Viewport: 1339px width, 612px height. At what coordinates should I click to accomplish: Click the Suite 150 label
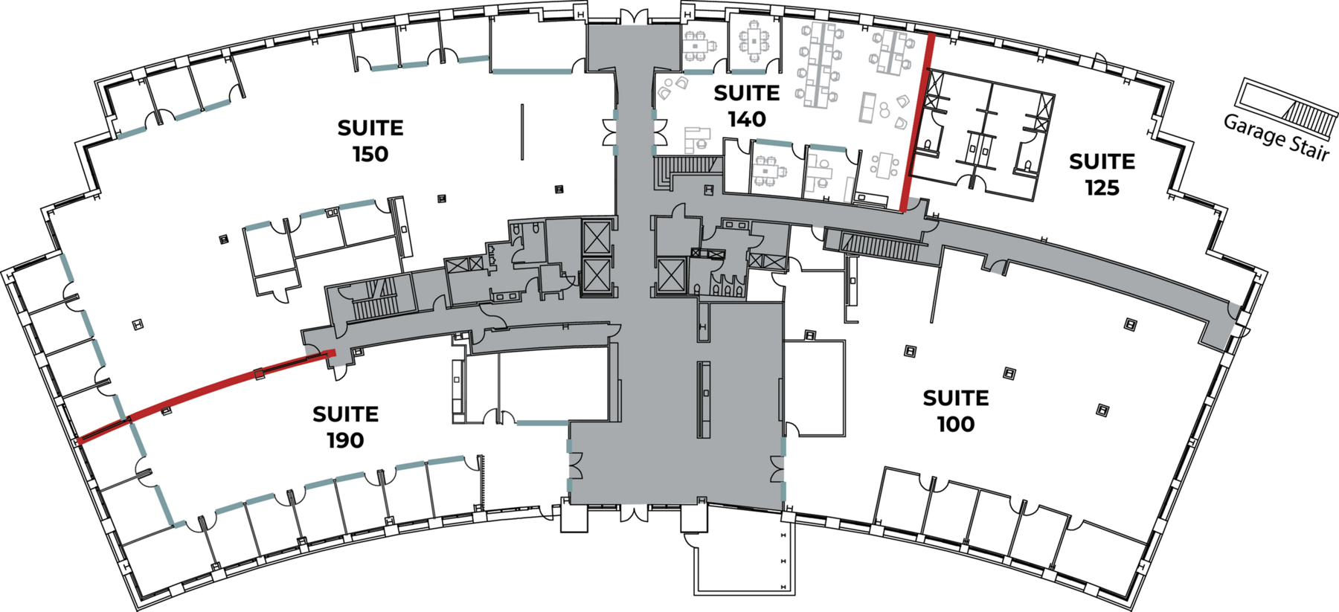tap(370, 141)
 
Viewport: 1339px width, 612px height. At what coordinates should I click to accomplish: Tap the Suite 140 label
tap(747, 106)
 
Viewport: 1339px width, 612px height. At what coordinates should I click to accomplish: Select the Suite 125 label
tap(1102, 174)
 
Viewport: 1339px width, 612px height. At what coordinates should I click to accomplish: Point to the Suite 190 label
tap(345, 427)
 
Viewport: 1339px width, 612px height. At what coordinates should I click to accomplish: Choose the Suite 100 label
tap(956, 410)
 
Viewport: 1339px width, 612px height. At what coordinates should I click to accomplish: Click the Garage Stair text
tap(1276, 137)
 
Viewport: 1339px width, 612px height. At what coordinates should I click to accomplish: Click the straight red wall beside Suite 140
tap(917, 123)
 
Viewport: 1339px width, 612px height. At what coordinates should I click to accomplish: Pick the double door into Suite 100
tap(777, 469)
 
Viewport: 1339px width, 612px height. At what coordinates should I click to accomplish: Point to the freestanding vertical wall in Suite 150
tap(522, 132)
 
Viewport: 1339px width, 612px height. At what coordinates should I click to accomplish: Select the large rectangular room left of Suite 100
tap(814, 388)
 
